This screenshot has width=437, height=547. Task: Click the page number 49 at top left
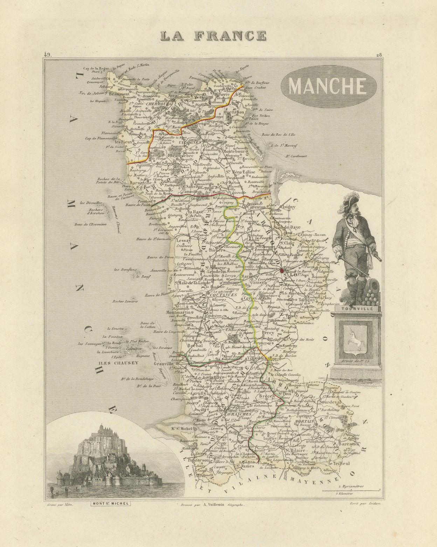(48, 54)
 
